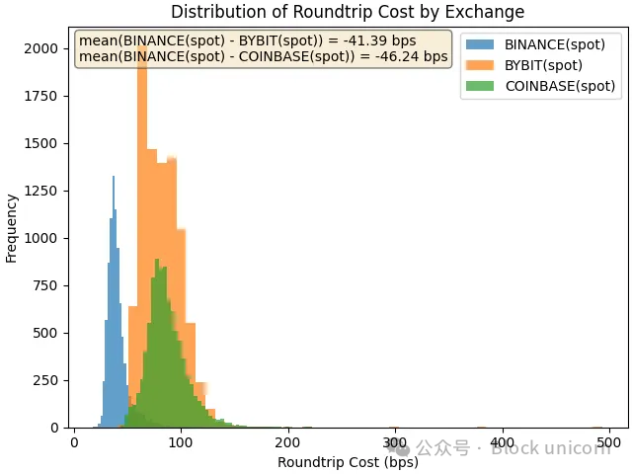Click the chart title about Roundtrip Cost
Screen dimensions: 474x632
348,12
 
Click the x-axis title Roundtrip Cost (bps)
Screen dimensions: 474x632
348,462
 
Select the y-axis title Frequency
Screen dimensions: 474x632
12,228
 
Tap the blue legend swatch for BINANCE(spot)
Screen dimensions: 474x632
480,44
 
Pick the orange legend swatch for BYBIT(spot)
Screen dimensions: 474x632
480,65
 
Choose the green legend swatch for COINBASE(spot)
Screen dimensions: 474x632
480,86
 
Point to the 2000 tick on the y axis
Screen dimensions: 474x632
47,48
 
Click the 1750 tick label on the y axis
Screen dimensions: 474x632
47,96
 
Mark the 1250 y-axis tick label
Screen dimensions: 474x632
47,191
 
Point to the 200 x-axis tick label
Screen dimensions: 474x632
288,442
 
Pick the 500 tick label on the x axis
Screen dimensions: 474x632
608,442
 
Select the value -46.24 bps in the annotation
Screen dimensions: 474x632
414,57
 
